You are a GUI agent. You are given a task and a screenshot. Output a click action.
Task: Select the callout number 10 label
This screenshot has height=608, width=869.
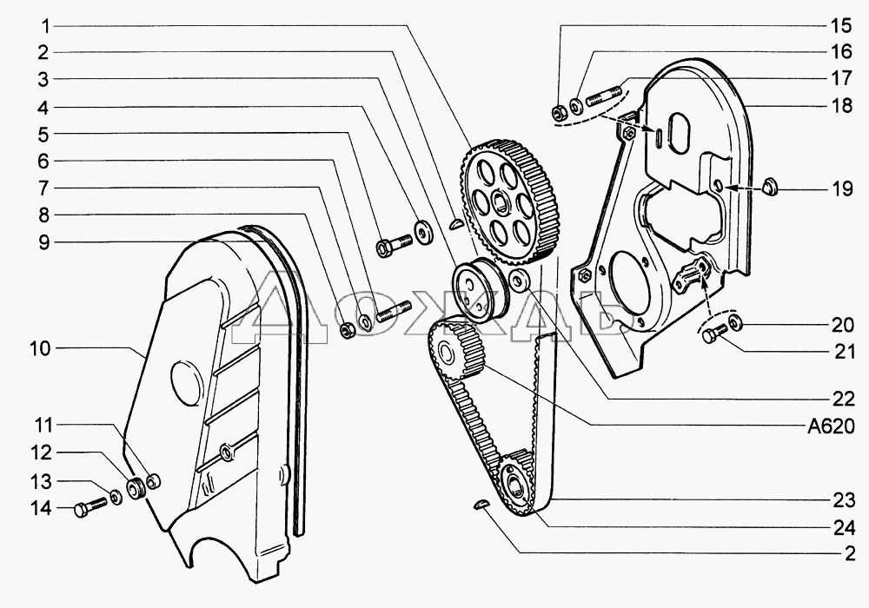40,349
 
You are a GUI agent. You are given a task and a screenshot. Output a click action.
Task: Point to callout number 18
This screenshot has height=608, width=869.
839,106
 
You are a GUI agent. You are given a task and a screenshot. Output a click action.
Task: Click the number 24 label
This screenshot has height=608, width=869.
839,526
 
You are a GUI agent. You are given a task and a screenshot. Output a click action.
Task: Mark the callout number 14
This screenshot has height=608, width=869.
40,509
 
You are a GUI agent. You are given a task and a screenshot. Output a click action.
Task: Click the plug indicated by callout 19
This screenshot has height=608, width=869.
768,187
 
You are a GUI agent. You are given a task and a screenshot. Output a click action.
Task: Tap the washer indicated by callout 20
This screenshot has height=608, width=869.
734,324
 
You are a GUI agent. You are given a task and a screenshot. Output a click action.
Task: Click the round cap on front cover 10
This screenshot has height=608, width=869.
187,380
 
